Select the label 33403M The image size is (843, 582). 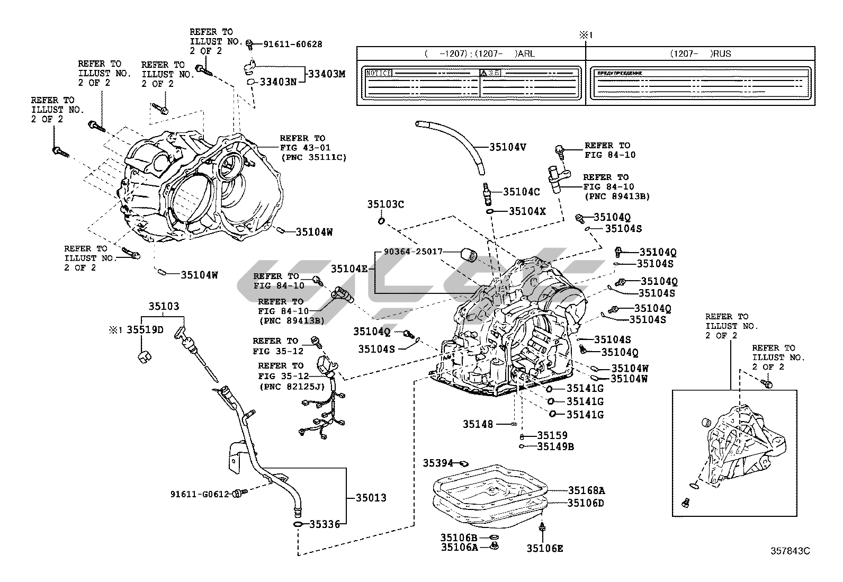click(327, 74)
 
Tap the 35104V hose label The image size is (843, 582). click(507, 147)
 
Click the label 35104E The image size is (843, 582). click(349, 269)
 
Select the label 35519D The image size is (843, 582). click(148, 330)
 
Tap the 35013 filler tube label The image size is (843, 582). click(371, 498)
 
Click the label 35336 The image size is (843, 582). click(325, 524)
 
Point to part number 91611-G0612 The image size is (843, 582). click(199, 494)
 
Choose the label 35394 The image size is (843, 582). click(438, 463)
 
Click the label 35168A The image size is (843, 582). click(586, 490)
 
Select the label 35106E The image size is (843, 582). click(545, 548)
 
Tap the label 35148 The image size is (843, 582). click(478, 424)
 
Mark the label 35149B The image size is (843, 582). click(555, 446)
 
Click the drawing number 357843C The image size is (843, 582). click(790, 551)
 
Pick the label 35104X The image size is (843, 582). click(527, 211)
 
